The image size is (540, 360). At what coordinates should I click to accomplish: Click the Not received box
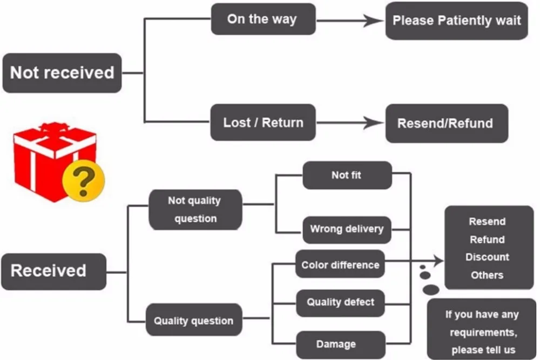pyautogui.click(x=62, y=73)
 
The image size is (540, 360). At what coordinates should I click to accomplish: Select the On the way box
pyautogui.click(x=263, y=19)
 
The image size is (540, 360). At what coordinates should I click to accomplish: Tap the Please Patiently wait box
pyautogui.click(x=457, y=21)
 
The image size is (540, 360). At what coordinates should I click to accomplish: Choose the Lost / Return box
pyautogui.click(x=263, y=123)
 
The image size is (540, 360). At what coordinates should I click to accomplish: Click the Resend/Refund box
pyautogui.click(x=447, y=123)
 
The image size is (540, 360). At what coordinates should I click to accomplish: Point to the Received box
pyautogui.click(x=53, y=271)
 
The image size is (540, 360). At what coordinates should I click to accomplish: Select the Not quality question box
pyautogui.click(x=195, y=209)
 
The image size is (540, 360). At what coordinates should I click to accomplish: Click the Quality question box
pyautogui.click(x=194, y=320)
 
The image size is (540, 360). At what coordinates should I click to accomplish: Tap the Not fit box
pyautogui.click(x=347, y=175)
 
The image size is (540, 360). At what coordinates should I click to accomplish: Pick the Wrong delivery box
pyautogui.click(x=347, y=229)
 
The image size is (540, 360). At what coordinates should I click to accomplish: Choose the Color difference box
pyautogui.click(x=340, y=264)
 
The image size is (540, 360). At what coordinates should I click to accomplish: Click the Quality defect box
pyautogui.click(x=340, y=303)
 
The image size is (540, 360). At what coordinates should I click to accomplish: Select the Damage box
pyautogui.click(x=341, y=345)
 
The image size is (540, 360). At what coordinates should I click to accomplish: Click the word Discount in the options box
pyautogui.click(x=487, y=257)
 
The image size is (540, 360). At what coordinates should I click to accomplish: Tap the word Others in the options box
pyautogui.click(x=487, y=275)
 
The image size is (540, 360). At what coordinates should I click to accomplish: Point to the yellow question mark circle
pyautogui.click(x=83, y=181)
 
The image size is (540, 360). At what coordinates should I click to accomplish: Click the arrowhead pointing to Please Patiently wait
pyautogui.click(x=374, y=21)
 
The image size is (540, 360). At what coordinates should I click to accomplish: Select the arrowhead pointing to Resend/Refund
pyautogui.click(x=374, y=123)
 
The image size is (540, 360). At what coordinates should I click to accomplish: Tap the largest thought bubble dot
pyautogui.click(x=431, y=289)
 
